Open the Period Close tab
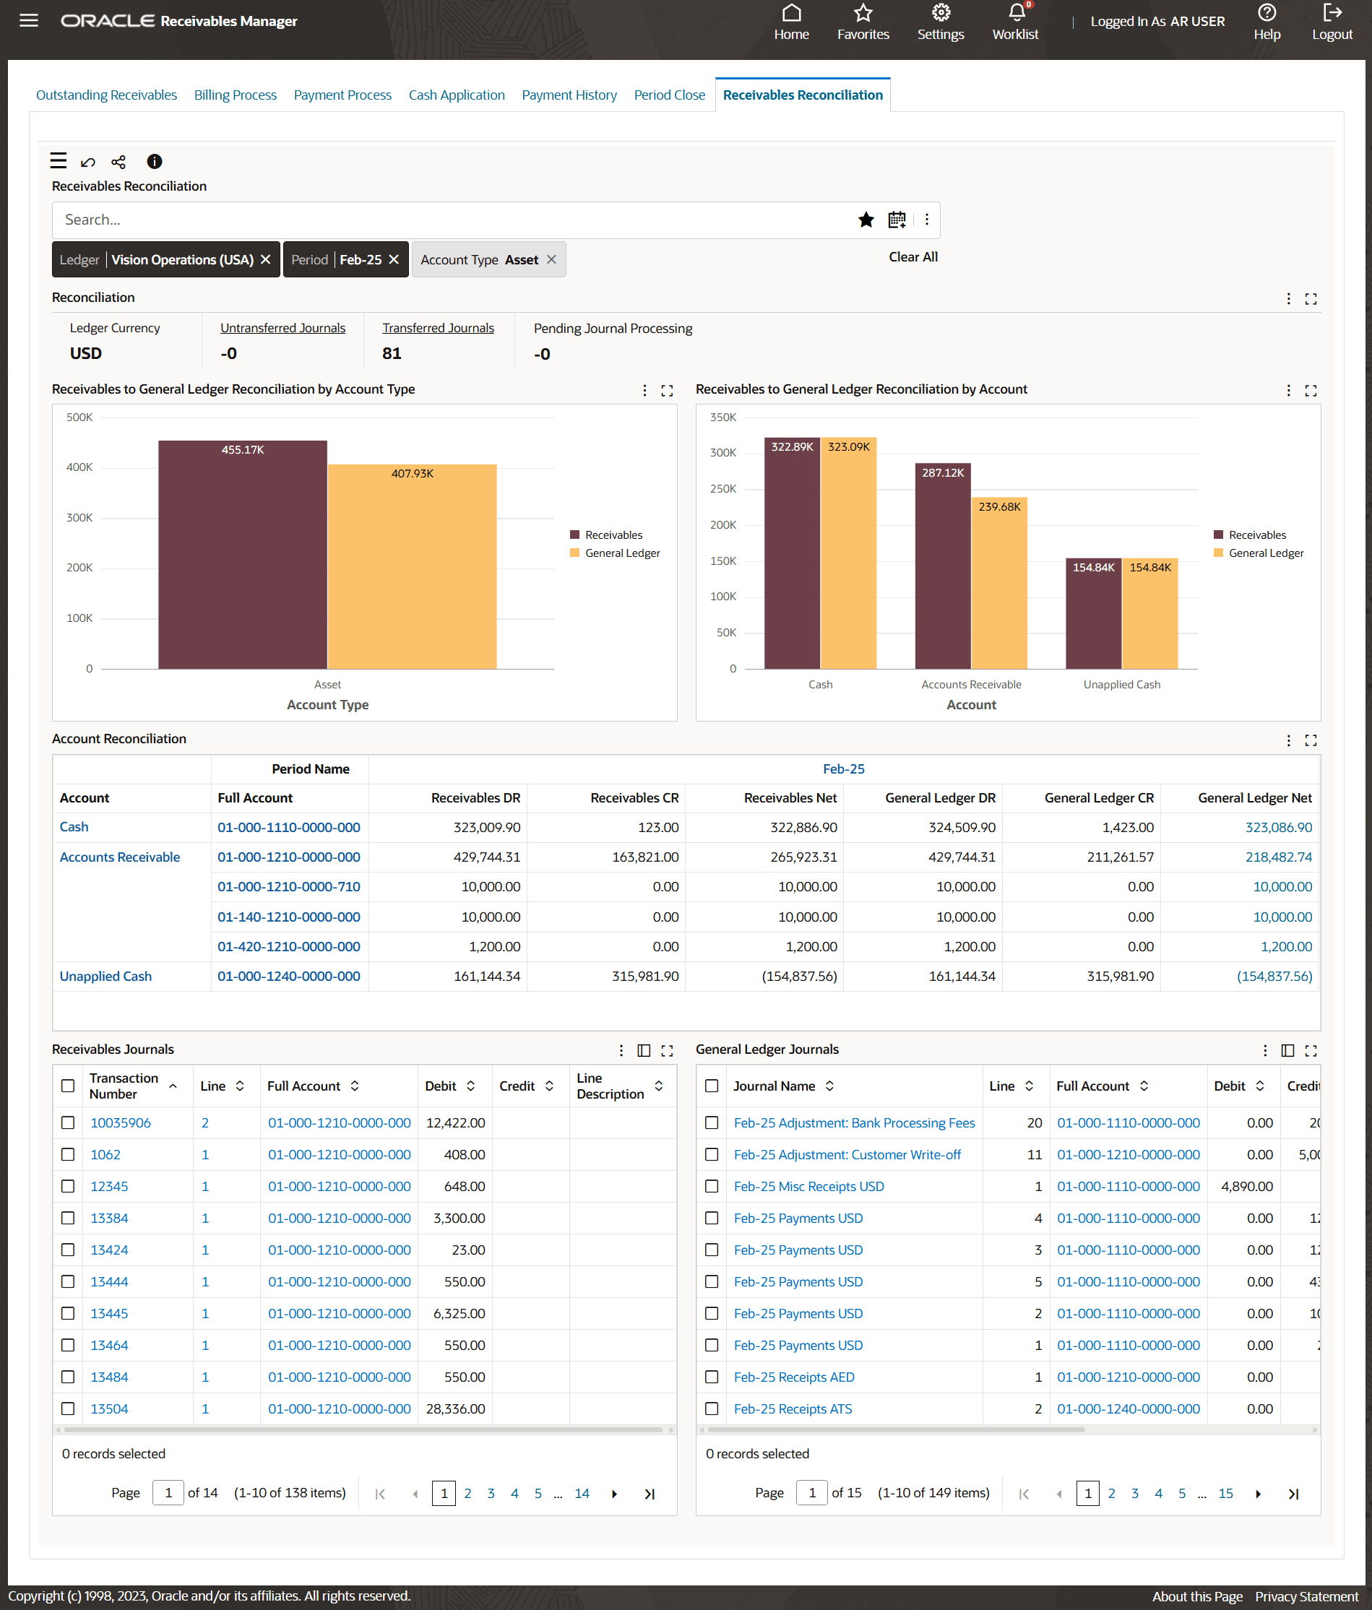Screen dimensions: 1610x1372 pos(669,95)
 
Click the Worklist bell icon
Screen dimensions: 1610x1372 pos(1015,13)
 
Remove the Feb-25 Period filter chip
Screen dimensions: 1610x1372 pos(394,259)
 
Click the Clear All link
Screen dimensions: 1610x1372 pos(912,257)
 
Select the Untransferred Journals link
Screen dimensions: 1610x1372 pos(282,328)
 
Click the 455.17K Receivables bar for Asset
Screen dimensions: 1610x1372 pos(243,555)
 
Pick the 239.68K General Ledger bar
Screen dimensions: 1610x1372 pos(999,583)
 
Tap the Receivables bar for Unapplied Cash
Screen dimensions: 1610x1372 pos(1093,614)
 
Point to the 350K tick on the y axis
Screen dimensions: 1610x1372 pos(723,417)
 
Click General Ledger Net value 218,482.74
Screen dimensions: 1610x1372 pos(1278,857)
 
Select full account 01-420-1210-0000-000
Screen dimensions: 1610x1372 pos(288,946)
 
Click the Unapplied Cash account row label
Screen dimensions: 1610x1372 pos(105,976)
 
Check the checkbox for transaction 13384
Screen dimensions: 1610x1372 pos(69,1219)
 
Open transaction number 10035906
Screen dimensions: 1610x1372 pos(121,1122)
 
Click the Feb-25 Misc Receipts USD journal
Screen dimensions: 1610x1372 pos(808,1187)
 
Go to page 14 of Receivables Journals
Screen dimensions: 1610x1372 pos(582,1494)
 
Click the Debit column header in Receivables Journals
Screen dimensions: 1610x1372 pos(441,1086)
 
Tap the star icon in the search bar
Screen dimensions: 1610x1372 pos(866,220)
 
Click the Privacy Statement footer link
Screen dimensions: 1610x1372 pos(1306,1596)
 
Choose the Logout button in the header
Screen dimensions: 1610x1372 pos(1332,22)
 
